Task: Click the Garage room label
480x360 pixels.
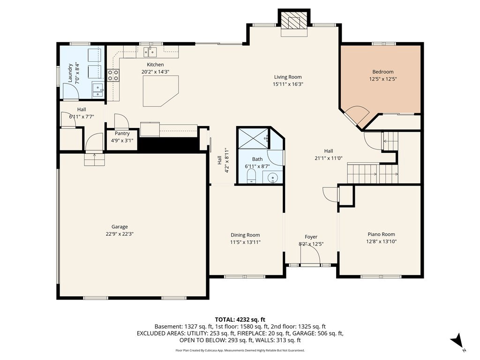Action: tap(120, 227)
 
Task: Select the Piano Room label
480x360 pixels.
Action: tap(381, 234)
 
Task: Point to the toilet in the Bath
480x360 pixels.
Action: tap(251, 176)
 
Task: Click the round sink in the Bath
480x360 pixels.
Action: tap(272, 178)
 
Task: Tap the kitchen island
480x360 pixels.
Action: tap(161, 91)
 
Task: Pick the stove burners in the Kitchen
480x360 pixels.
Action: tap(113, 75)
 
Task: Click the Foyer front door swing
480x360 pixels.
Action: tap(310, 255)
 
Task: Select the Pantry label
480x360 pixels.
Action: tap(122, 134)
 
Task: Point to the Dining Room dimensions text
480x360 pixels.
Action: tap(245, 242)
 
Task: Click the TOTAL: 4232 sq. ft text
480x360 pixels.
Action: tap(240, 320)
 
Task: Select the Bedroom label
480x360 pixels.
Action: tap(383, 72)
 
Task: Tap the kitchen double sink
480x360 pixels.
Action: tap(150, 52)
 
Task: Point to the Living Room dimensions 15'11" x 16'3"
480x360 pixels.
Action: tap(288, 84)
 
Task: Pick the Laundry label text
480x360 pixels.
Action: tap(70, 73)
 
